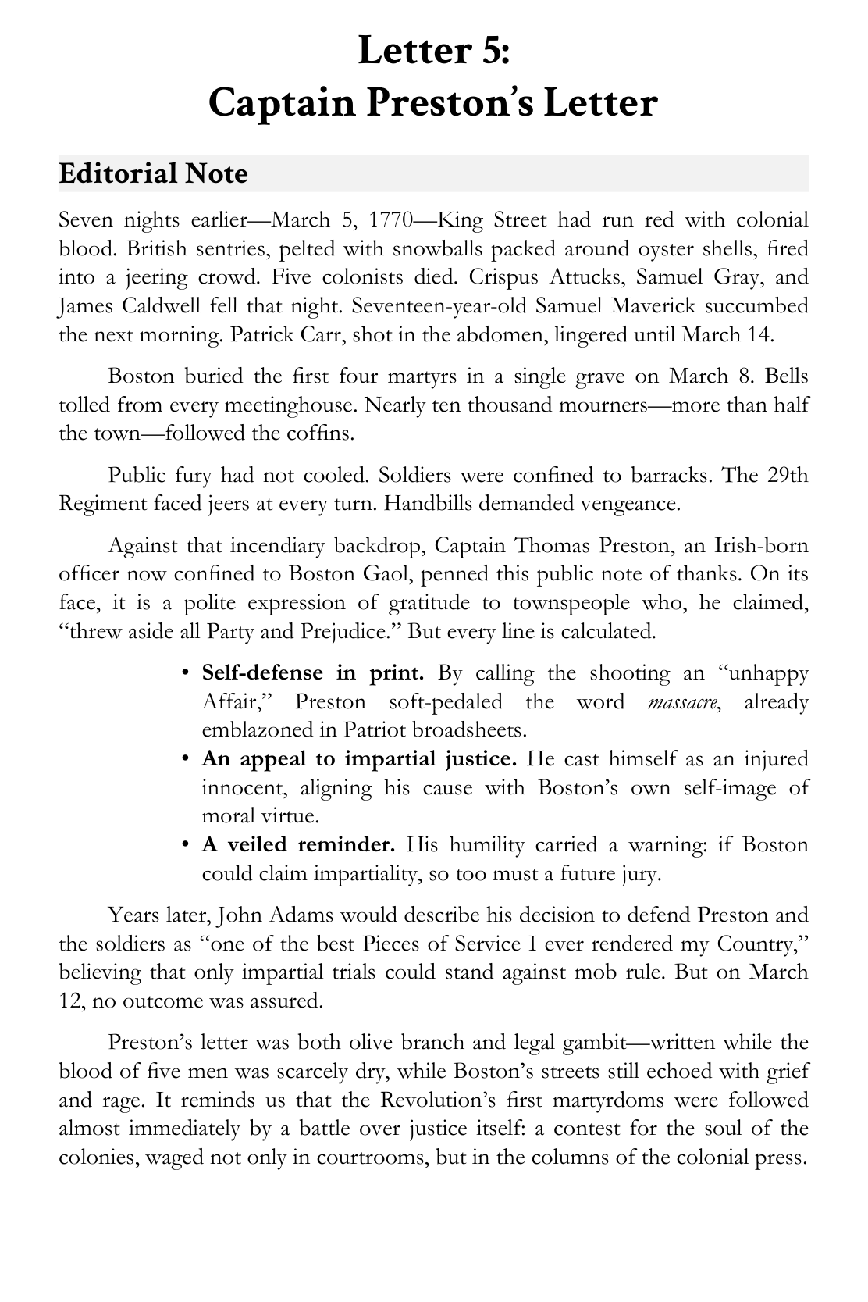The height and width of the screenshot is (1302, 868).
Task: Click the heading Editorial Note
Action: [153, 173]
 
